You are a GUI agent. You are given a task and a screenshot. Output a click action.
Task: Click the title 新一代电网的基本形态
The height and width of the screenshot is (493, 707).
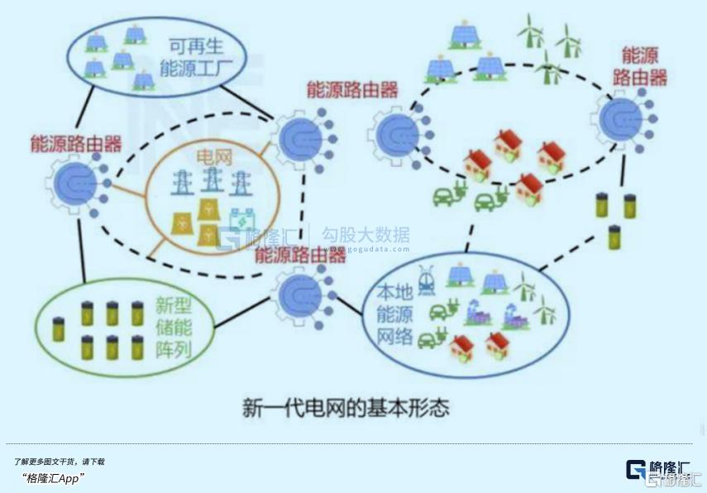346,407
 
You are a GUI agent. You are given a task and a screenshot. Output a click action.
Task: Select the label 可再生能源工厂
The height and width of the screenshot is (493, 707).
194,56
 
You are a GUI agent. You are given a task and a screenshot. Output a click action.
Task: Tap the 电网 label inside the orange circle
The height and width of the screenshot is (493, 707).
213,156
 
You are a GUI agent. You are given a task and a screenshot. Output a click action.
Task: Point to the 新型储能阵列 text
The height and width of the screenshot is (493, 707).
173,327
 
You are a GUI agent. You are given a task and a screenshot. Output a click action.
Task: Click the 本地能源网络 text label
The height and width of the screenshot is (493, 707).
394,314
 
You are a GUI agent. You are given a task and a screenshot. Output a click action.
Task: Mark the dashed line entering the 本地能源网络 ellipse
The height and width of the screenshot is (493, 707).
571,249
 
